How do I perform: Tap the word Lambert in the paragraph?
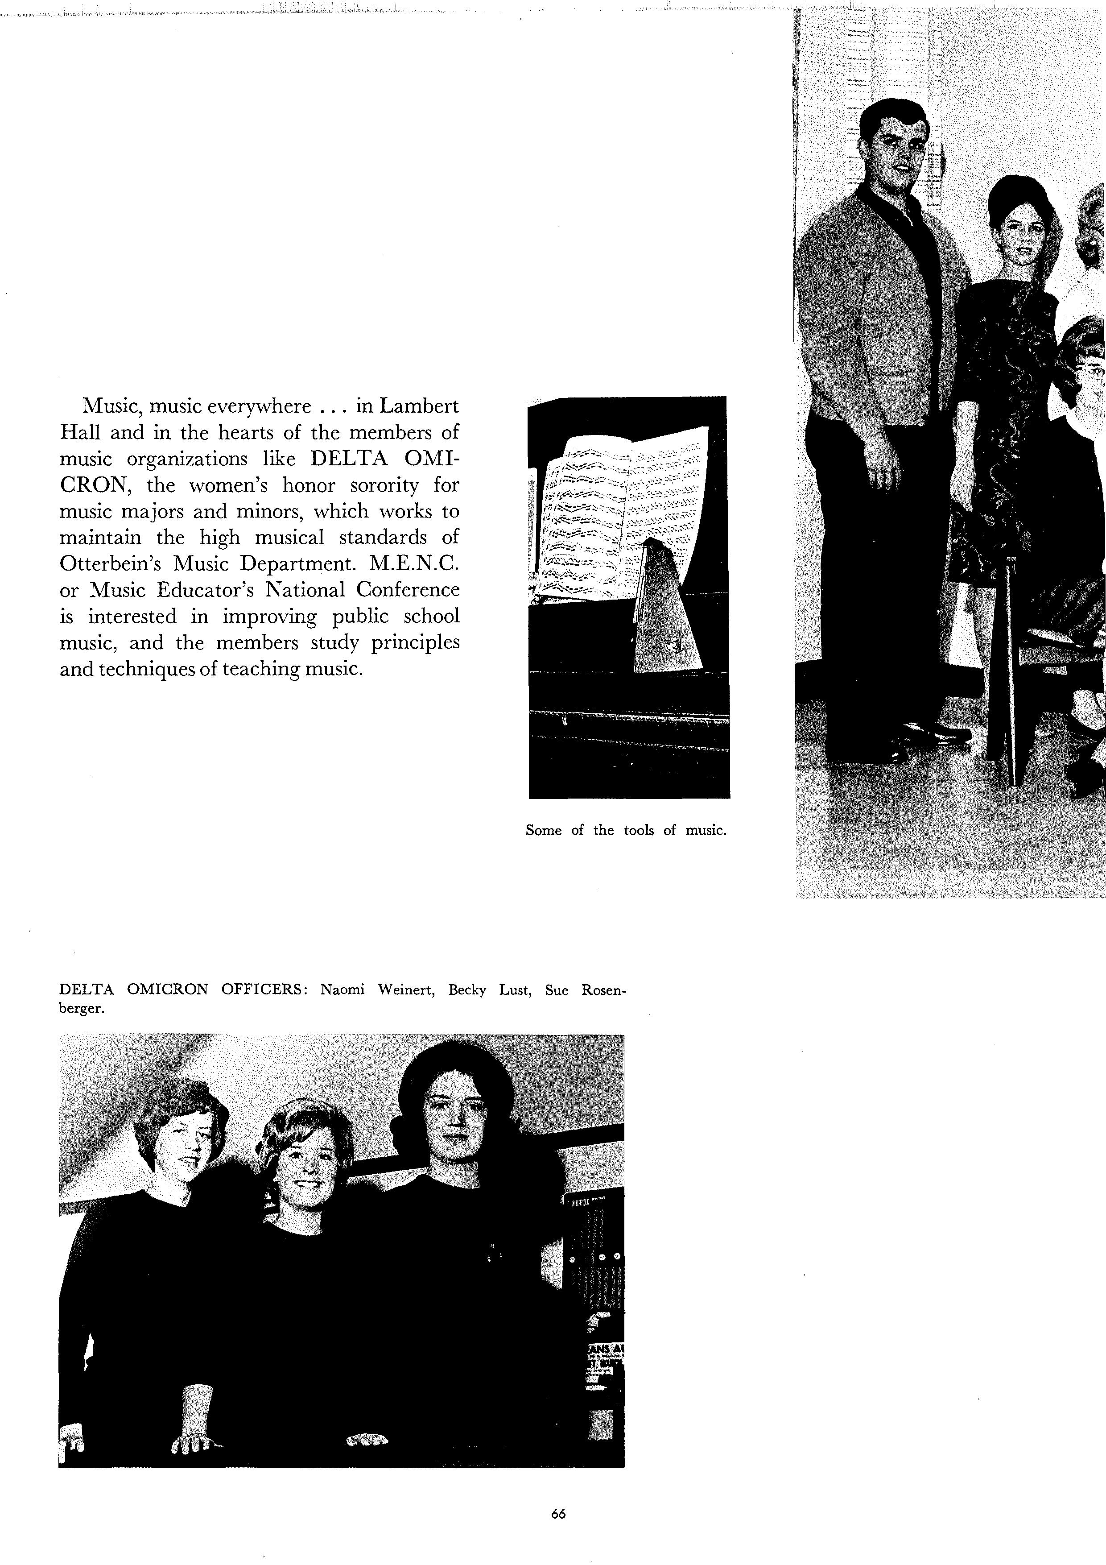[418, 406]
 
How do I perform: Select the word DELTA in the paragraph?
[349, 459]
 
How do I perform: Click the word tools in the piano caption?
[639, 830]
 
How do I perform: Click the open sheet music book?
[620, 511]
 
